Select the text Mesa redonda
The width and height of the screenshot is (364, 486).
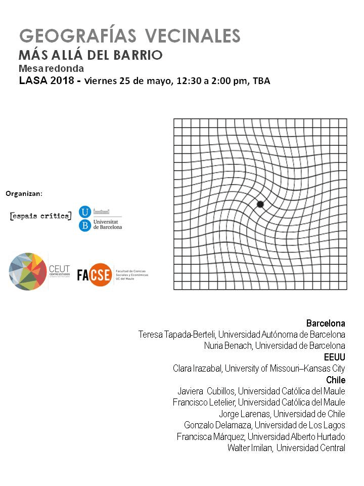click(x=51, y=68)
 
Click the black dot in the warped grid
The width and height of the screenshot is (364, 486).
click(x=260, y=204)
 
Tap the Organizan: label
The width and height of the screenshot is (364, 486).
click(x=24, y=193)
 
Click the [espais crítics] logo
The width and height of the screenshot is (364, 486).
click(x=41, y=217)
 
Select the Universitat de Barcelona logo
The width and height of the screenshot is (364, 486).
click(x=101, y=219)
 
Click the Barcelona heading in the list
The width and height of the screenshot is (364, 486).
click(x=326, y=323)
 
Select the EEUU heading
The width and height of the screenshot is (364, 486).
click(x=334, y=357)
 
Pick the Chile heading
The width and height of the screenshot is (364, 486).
click(x=336, y=380)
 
